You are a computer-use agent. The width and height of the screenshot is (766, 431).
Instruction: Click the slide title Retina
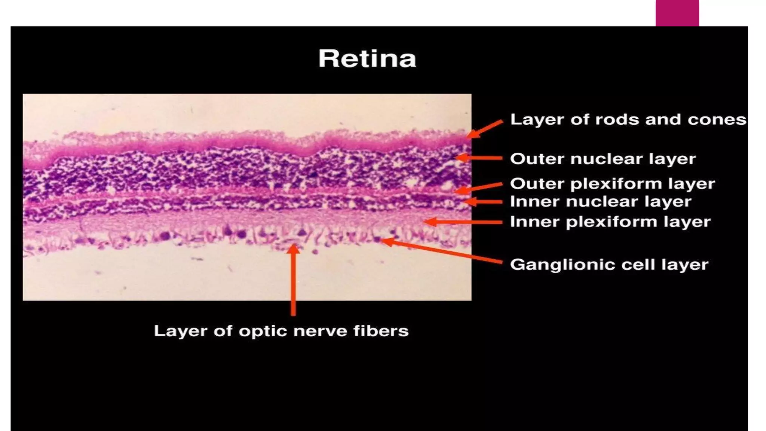tap(367, 59)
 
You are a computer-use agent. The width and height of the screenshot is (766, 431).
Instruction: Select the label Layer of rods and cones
tap(628, 120)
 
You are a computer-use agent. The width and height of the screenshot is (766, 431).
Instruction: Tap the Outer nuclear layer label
tap(603, 159)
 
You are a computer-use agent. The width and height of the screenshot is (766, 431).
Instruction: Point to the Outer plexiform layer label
tap(612, 184)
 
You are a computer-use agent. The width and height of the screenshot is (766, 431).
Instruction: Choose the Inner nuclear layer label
tap(601, 202)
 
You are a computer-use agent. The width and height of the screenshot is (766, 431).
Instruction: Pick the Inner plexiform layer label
tap(610, 222)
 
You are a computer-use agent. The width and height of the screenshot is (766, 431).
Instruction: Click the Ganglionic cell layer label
tap(609, 265)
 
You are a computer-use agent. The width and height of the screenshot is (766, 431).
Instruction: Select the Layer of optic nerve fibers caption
tap(281, 331)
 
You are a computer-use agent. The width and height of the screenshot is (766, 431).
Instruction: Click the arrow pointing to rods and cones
tap(485, 129)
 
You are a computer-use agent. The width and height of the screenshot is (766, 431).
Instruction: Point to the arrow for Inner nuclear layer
tap(483, 202)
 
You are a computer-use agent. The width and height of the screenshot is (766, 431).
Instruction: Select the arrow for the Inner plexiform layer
tap(464, 222)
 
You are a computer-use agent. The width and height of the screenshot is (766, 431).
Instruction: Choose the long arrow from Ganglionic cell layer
tap(441, 251)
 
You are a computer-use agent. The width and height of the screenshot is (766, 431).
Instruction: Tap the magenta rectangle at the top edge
tap(677, 13)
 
